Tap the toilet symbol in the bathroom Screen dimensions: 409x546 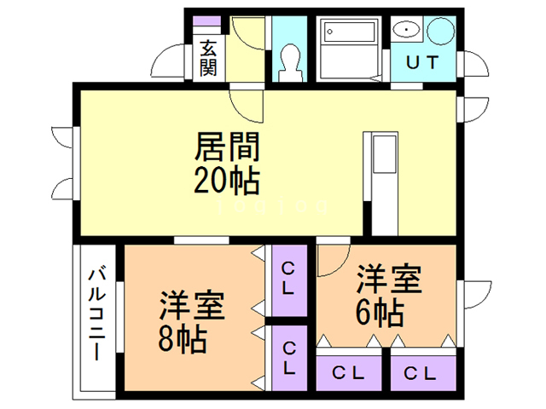coord(290,60)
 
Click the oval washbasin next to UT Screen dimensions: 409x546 coord(408,32)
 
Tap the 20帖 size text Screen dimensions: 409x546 coord(226,181)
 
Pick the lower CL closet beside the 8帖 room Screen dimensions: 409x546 coord(289,357)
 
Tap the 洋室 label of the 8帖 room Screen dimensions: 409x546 coord(192,305)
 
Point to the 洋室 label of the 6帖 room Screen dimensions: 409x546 coord(388,279)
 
